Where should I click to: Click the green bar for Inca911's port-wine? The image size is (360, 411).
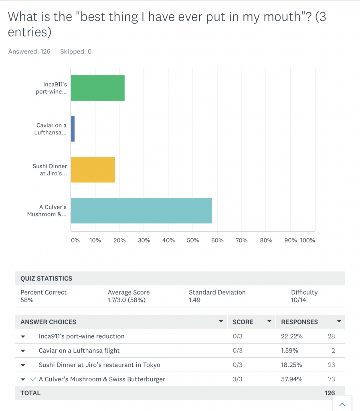tap(97, 88)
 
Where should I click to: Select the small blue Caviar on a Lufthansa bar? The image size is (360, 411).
tap(73, 129)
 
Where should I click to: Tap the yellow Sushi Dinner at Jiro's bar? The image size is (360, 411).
tap(93, 170)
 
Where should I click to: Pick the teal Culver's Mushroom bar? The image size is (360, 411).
tap(141, 211)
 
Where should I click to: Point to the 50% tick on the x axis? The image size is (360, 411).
tap(192, 240)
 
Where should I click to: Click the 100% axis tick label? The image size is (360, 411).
tap(307, 240)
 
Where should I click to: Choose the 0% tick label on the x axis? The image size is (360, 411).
tap(75, 240)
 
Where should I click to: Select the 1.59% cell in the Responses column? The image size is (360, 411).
tap(289, 351)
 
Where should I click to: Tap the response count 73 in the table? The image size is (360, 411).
tap(331, 379)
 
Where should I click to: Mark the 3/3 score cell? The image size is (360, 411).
tap(237, 379)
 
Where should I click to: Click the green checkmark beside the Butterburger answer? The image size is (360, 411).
tap(33, 379)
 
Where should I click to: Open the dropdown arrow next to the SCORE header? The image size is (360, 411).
tap(269, 321)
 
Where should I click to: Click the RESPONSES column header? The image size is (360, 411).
tap(299, 322)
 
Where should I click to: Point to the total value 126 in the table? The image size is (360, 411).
tap(330, 393)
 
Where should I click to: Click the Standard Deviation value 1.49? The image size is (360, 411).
tap(194, 300)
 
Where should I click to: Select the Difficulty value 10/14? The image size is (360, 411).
tap(298, 300)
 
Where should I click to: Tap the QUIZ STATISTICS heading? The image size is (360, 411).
tap(47, 279)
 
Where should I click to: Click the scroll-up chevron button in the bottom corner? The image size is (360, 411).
tap(342, 404)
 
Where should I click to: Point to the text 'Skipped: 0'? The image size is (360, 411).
tap(76, 51)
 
